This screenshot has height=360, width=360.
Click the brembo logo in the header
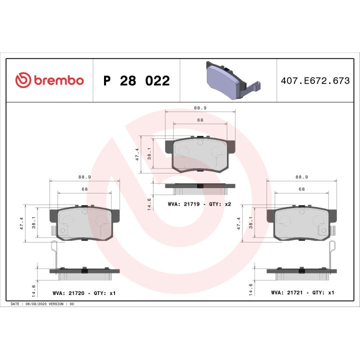coord(49,80)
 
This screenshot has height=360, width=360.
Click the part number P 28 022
coord(136,81)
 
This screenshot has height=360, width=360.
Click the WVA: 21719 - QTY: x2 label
coord(199,204)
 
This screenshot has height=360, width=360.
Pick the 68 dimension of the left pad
coord(84,189)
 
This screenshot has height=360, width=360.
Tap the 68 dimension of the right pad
coord(301,189)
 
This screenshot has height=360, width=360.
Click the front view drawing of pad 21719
coord(200,154)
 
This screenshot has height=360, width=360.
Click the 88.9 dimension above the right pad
coord(301,176)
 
